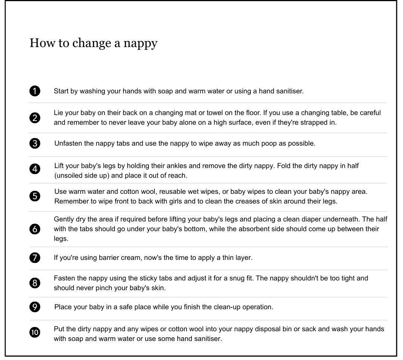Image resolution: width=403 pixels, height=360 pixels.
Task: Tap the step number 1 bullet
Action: point(35,91)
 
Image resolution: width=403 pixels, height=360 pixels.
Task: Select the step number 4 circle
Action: point(35,169)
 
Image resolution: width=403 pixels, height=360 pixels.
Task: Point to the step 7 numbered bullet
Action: point(35,258)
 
